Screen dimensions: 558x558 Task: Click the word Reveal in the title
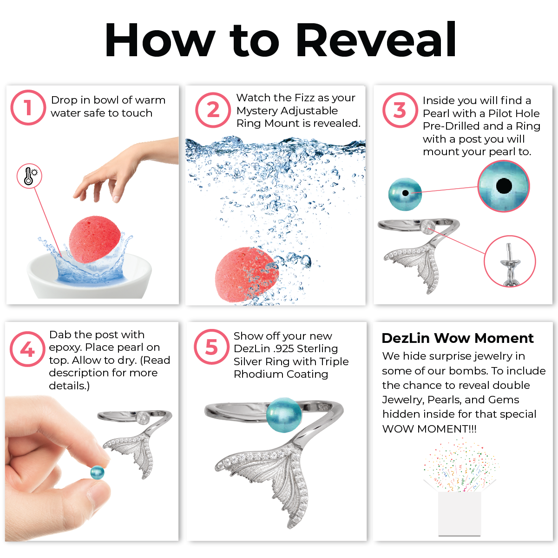coord(376,39)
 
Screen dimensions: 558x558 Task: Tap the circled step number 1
coord(28,107)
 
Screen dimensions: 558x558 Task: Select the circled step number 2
coord(213,110)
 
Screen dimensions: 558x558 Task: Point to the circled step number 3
coord(400,110)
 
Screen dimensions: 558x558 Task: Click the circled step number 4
coord(27,349)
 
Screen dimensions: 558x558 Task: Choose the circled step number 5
coord(211,347)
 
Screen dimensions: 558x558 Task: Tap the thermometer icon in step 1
coord(29,176)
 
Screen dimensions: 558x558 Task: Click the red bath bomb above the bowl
coord(94,239)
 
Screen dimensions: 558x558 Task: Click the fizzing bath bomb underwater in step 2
coord(246,275)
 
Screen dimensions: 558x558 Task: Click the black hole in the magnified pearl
coord(504,186)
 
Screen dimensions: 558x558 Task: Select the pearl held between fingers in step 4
coord(97,473)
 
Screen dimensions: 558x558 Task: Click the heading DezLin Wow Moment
coord(458,338)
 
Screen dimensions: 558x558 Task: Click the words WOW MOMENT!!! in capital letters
coord(429,429)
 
